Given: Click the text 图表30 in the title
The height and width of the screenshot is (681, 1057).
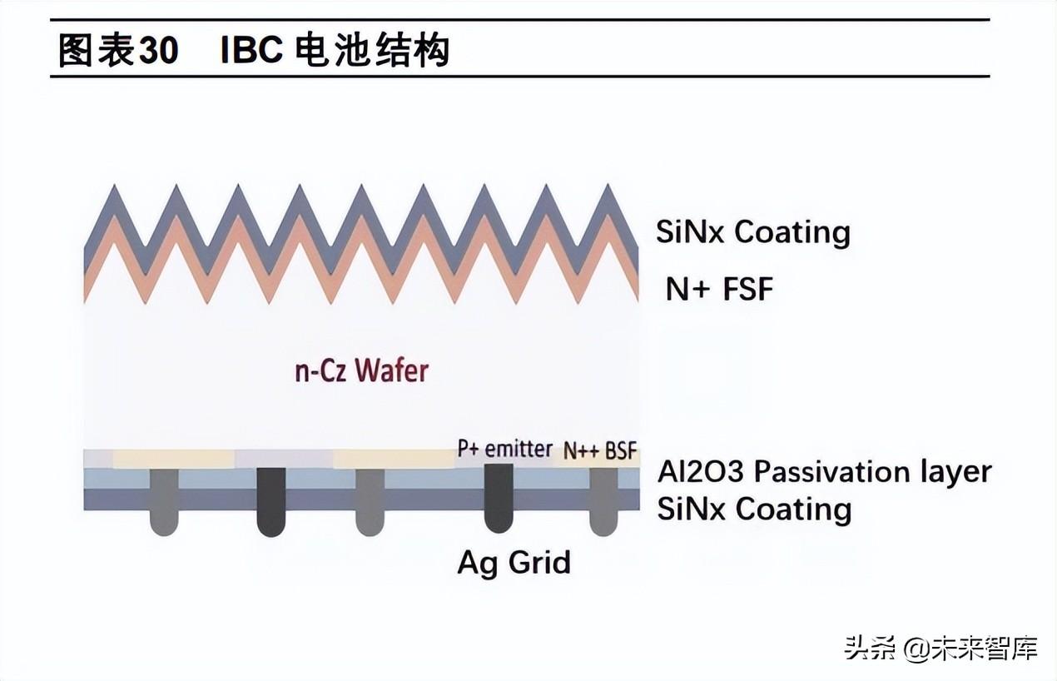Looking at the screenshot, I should (x=117, y=51).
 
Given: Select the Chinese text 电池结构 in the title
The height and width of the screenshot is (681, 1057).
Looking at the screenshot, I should (x=372, y=51).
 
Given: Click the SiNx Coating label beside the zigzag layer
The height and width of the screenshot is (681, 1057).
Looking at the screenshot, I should (x=752, y=231).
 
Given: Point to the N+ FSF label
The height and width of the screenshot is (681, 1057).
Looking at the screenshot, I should (x=719, y=289).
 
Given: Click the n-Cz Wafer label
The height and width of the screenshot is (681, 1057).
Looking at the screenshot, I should (x=361, y=370).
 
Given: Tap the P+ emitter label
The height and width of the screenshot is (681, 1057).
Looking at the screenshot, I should (x=504, y=449).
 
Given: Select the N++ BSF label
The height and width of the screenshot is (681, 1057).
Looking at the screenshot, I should (x=599, y=450).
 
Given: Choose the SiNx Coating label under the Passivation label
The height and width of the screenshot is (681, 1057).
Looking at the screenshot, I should (x=754, y=509).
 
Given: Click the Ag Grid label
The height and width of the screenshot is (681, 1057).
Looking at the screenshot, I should (x=514, y=562).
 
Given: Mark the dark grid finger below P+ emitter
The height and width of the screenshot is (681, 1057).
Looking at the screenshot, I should (x=499, y=498).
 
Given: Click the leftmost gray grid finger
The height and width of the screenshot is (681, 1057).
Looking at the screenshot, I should (x=164, y=501).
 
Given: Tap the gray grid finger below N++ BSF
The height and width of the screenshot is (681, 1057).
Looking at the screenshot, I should (x=603, y=501).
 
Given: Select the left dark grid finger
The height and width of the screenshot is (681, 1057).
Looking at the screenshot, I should (x=270, y=501).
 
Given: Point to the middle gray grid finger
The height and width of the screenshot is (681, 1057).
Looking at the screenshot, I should (x=370, y=501).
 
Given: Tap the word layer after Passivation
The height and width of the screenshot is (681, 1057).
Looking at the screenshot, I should (x=956, y=472).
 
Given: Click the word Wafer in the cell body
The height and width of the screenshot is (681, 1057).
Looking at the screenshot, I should (x=391, y=370).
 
